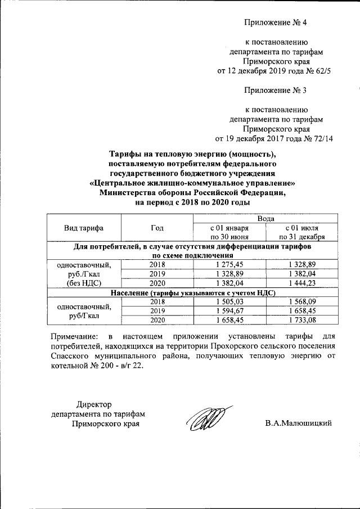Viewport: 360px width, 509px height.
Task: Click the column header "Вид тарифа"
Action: tap(84, 228)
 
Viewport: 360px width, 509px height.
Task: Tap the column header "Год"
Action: tap(157, 228)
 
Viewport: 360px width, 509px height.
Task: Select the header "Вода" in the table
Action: tap(265, 218)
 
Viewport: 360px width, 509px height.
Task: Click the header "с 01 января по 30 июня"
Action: tap(229, 232)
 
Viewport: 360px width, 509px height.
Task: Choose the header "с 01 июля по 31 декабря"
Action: tap(302, 232)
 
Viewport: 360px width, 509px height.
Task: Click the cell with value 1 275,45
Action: tap(229, 264)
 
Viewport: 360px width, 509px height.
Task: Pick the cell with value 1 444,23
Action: tap(302, 282)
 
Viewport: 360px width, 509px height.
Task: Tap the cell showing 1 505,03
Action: tap(229, 301)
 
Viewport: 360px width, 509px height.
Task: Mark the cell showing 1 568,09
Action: tap(302, 301)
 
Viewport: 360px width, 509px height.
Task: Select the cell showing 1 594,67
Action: tap(229, 310)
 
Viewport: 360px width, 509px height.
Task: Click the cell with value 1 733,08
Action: tap(302, 319)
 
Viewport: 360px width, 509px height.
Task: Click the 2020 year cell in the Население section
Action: tap(157, 319)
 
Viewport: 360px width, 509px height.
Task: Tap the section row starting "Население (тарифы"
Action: tap(192, 292)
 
